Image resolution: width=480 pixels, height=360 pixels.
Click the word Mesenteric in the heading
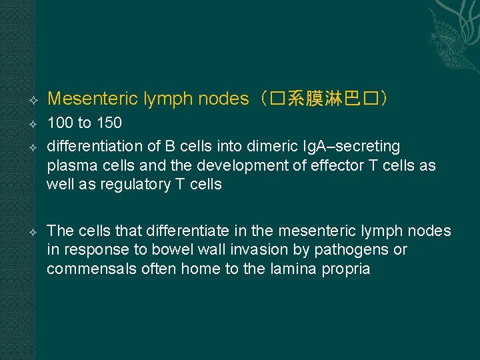[93, 99]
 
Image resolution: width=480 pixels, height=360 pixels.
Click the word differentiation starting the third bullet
[93, 146]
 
